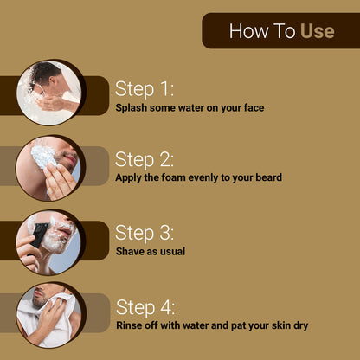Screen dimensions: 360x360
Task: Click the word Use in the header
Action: (x=317, y=32)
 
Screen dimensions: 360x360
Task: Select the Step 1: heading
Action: (x=145, y=88)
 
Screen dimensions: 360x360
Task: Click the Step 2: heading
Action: (x=145, y=159)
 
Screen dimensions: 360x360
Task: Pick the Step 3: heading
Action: (x=145, y=233)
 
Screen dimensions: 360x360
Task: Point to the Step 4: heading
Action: (x=145, y=307)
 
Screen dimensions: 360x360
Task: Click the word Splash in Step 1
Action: (x=132, y=108)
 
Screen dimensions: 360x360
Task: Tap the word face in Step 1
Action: (x=253, y=108)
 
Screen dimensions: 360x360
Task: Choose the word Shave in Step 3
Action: (x=132, y=252)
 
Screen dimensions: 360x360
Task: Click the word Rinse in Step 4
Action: (x=131, y=326)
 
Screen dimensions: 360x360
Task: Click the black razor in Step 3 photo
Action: (x=40, y=235)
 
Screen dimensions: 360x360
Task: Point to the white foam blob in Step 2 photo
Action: (x=44, y=157)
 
